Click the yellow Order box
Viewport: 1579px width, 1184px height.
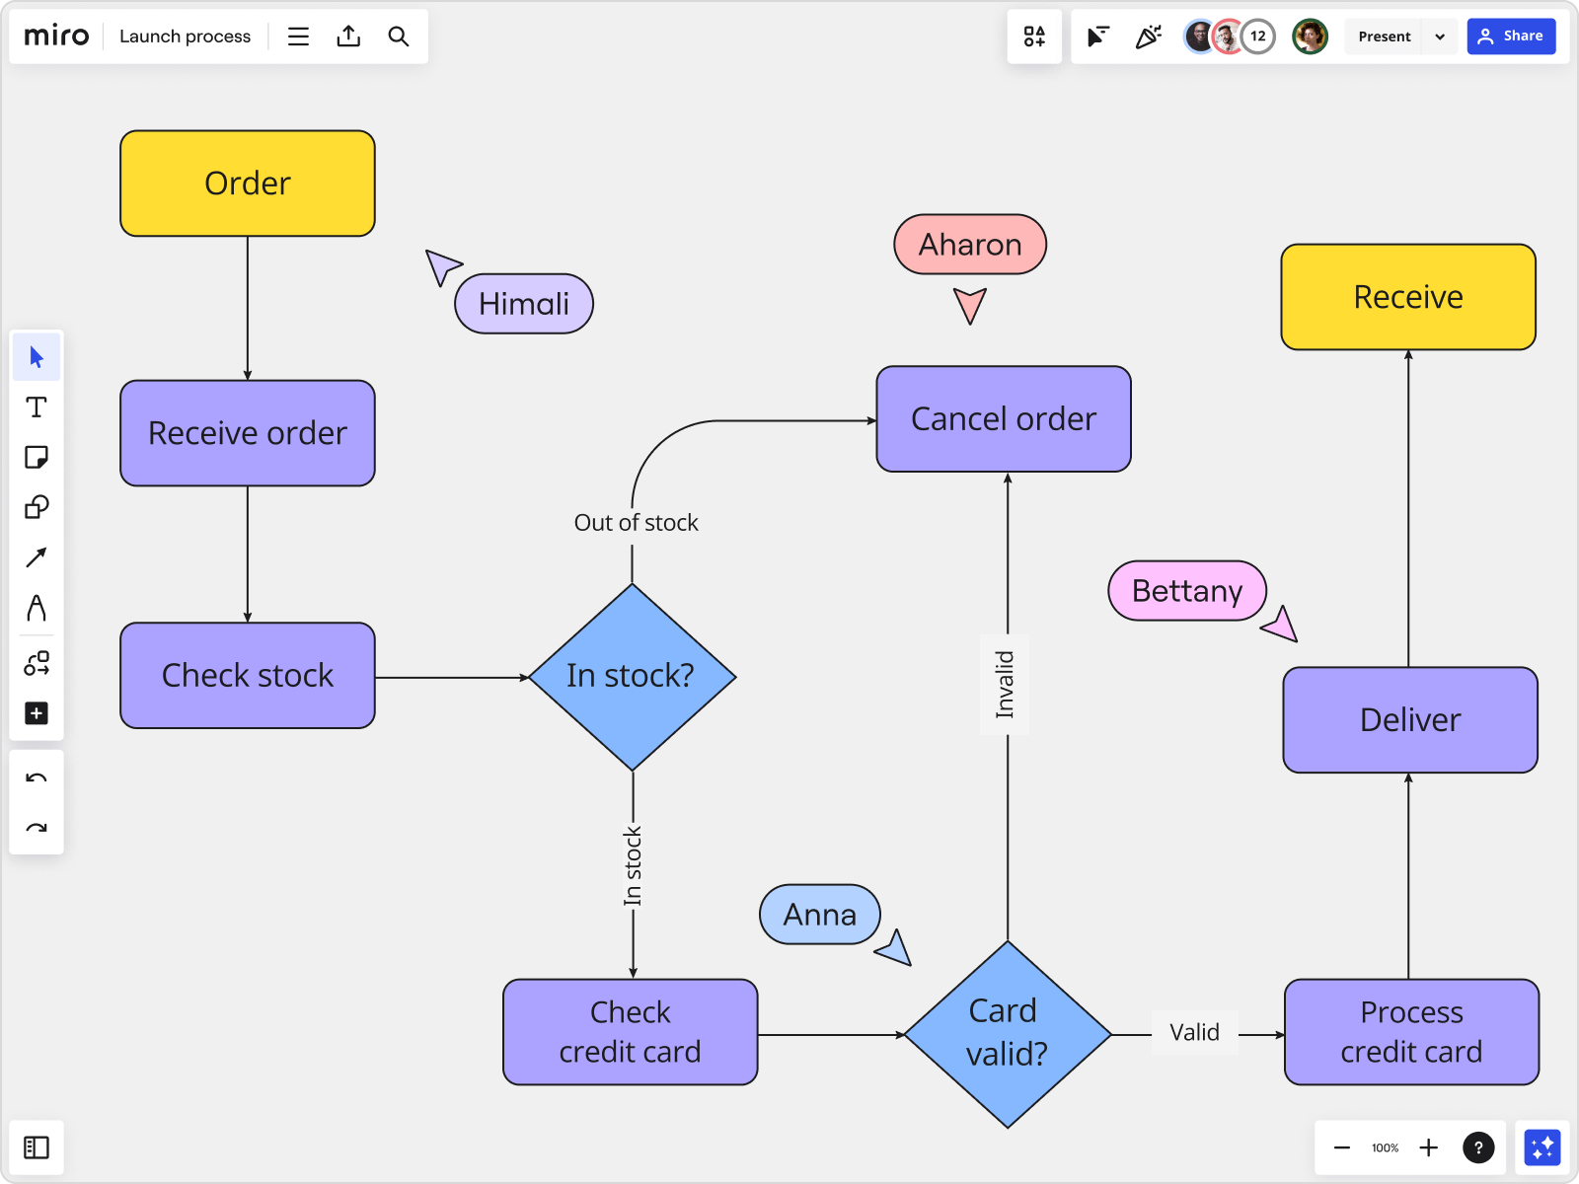point(247,184)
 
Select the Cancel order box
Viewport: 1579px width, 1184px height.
point(1003,419)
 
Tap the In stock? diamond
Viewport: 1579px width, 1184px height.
point(632,677)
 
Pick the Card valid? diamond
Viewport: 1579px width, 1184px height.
point(1007,1033)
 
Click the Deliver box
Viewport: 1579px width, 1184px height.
point(1409,720)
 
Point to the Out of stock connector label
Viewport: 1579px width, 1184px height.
point(636,523)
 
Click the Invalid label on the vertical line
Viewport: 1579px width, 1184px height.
point(1005,684)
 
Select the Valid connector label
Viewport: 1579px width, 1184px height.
point(1194,1033)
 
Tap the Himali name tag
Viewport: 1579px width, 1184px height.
point(524,304)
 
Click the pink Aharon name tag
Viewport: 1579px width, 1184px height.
point(970,245)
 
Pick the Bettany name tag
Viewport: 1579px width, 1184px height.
point(1186,591)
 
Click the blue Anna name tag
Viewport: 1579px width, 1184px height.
point(819,915)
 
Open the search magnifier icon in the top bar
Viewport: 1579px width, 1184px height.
point(399,37)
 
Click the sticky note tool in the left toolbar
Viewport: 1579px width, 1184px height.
point(37,457)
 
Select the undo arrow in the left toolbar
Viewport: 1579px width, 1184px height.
point(37,778)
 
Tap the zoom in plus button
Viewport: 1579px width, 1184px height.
point(1428,1147)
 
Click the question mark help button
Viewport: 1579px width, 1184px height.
point(1477,1147)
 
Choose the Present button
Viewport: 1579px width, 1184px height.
point(1384,37)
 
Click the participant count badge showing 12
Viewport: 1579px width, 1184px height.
point(1257,37)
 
